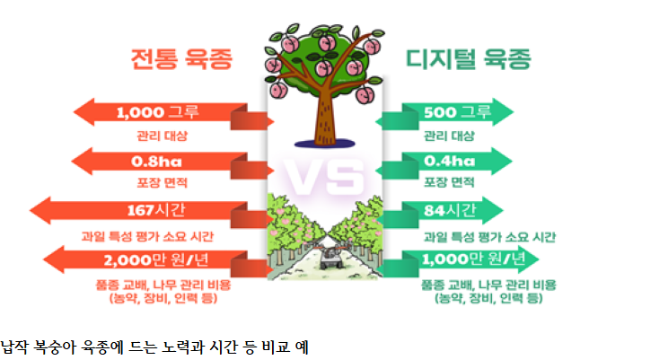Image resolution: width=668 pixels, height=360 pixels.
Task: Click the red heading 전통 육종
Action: [181, 58]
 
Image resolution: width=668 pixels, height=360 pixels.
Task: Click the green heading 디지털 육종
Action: [468, 58]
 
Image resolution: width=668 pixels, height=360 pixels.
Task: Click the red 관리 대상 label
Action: [163, 136]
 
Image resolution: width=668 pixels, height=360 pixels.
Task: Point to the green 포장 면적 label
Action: [449, 182]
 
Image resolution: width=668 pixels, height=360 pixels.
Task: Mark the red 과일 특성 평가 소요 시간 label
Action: [147, 236]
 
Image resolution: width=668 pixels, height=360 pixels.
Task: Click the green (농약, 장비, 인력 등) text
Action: [488, 298]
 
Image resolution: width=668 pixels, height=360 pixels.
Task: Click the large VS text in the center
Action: [325, 176]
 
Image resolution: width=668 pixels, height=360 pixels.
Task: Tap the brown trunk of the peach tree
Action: [325, 115]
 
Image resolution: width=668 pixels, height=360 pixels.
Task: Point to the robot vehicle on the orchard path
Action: [331, 257]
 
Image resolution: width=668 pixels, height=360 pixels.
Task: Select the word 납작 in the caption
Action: [14, 347]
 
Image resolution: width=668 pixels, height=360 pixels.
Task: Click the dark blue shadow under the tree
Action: [325, 144]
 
